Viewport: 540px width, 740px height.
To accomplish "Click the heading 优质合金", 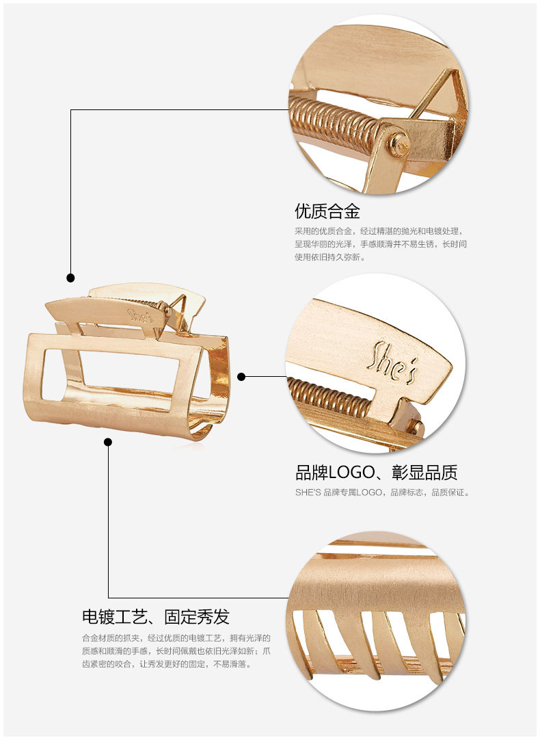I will tap(327, 210).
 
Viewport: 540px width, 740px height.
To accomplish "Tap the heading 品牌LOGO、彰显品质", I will tap(376, 472).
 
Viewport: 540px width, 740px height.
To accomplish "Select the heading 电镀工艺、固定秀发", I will tap(155, 617).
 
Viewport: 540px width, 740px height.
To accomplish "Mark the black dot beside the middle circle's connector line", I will tap(241, 376).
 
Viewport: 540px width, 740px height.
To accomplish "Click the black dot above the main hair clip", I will tap(70, 278).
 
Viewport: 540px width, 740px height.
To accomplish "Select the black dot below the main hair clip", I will tap(108, 442).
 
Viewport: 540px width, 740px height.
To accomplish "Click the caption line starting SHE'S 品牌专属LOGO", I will tap(382, 492).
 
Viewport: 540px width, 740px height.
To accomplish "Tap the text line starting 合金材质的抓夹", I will tap(176, 637).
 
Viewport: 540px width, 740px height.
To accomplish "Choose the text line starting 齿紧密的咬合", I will tap(167, 663).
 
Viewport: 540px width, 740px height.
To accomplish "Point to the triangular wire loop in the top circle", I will tap(437, 96).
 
